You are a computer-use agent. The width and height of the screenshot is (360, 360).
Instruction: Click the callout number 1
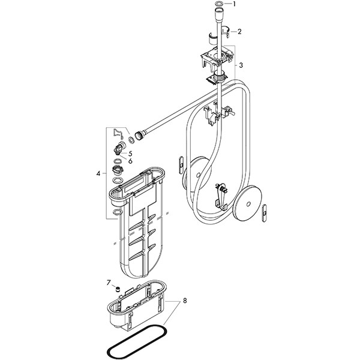pyautogui.click(x=234, y=4)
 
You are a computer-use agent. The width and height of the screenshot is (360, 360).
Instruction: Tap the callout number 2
pyautogui.click(x=239, y=31)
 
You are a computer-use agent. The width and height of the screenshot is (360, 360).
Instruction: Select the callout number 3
pyautogui.click(x=241, y=65)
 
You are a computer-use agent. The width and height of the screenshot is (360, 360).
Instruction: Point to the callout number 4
pyautogui.click(x=98, y=173)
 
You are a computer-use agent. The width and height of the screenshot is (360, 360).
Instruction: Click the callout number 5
pyautogui.click(x=130, y=154)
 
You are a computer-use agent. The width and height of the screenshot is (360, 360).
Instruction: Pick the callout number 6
pyautogui.click(x=130, y=161)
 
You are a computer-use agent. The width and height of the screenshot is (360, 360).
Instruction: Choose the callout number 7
pyautogui.click(x=109, y=283)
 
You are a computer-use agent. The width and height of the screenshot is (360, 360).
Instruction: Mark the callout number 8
pyautogui.click(x=185, y=301)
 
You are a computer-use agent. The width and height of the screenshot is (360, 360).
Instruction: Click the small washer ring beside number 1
pyautogui.click(x=219, y=4)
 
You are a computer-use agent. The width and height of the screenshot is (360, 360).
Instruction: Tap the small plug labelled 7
pyautogui.click(x=118, y=290)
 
